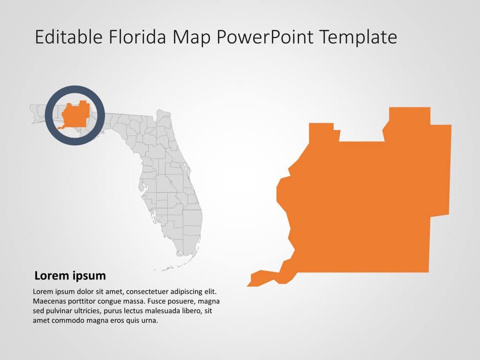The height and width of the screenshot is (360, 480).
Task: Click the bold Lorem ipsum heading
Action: tap(70, 276)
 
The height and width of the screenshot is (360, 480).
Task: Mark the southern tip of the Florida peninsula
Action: tap(180, 254)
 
